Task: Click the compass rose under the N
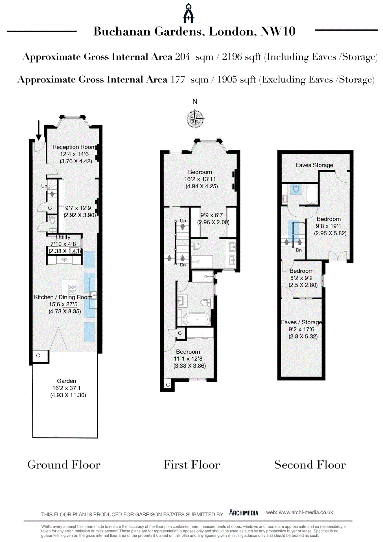pyautogui.click(x=195, y=119)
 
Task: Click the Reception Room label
pyautogui.click(x=74, y=147)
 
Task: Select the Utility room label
pyautogui.click(x=63, y=237)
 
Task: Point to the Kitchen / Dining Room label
pyautogui.click(x=63, y=297)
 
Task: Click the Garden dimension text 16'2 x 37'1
pyautogui.click(x=66, y=388)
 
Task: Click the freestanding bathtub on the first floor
pyautogui.click(x=197, y=320)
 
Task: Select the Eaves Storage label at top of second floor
pyautogui.click(x=314, y=165)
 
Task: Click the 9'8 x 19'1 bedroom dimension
pyautogui.click(x=328, y=226)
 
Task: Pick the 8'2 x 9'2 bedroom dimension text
pyautogui.click(x=301, y=278)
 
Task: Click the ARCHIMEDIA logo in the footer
pyautogui.click(x=244, y=513)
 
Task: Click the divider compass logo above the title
pyautogui.click(x=189, y=13)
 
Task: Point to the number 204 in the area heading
pyautogui.click(x=183, y=57)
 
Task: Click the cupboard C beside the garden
pyautogui.click(x=38, y=356)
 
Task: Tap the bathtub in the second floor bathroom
pyautogui.click(x=312, y=194)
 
